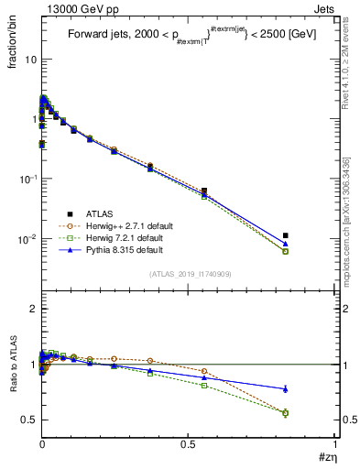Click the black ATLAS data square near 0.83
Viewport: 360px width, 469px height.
point(286,235)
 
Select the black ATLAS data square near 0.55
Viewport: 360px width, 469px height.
point(203,191)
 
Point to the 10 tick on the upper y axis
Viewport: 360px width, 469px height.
point(29,59)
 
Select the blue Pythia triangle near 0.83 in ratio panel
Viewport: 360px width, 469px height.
point(286,388)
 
